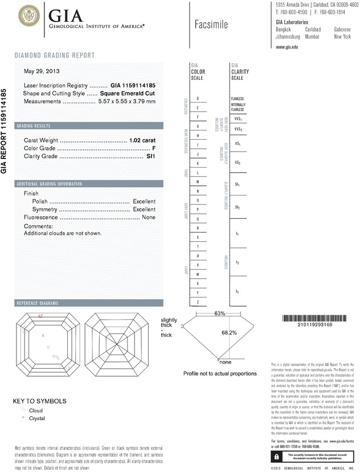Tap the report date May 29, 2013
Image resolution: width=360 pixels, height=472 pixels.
point(41,72)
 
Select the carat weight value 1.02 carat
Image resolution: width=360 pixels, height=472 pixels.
point(142,140)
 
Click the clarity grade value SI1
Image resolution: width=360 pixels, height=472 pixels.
point(151,156)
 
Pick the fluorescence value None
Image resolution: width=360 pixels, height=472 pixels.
point(149,218)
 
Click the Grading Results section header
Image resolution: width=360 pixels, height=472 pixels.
point(34,126)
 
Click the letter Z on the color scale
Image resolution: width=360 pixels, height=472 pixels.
point(198,302)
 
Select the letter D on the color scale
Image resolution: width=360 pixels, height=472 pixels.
point(198,99)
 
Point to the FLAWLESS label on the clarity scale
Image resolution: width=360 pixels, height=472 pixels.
point(238,99)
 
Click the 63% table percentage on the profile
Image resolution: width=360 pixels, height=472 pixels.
point(220,314)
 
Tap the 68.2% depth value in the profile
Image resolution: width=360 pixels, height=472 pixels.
point(229,332)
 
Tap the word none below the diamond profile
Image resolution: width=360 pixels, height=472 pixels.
point(226,362)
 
